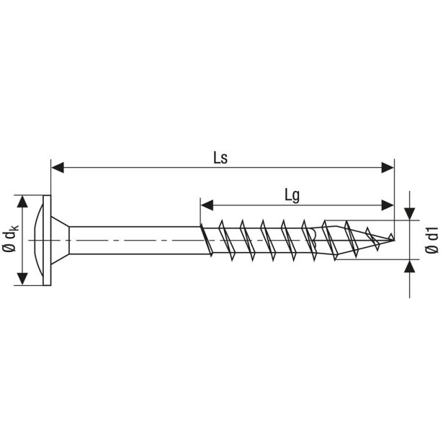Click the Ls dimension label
(220, 158)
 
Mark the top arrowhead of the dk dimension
(26, 201)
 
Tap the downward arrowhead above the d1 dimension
(409, 213)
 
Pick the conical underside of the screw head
(61, 240)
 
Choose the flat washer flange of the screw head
(48, 240)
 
